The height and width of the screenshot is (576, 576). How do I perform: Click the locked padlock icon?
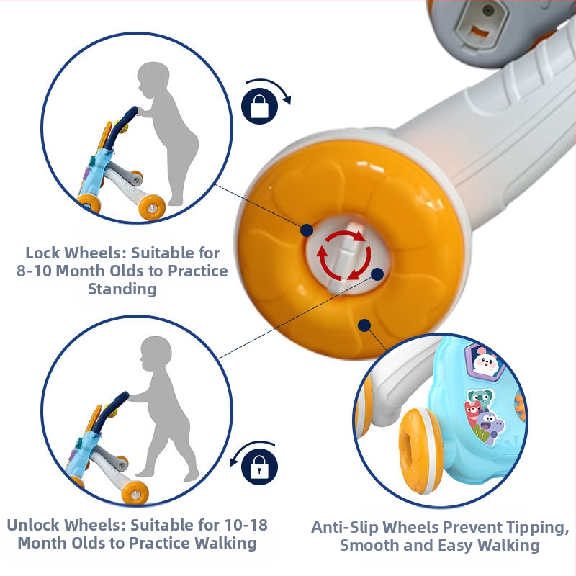tap(259, 106)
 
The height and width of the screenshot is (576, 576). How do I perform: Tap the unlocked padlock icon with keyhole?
tap(259, 467)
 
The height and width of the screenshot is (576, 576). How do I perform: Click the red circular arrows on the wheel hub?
tap(344, 255)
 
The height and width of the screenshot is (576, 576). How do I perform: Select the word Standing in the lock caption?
tap(122, 289)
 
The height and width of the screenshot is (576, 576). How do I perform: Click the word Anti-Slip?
tap(345, 528)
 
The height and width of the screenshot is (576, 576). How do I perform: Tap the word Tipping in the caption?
tap(537, 528)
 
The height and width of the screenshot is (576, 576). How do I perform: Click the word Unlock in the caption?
tap(35, 525)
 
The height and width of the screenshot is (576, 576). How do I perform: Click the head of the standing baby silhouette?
tap(153, 81)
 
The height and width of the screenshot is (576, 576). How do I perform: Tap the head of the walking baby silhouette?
tap(156, 354)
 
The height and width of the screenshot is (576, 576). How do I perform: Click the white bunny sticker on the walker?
tap(485, 362)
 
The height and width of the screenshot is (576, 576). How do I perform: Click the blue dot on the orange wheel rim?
tap(364, 325)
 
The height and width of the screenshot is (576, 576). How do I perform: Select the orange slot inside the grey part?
tap(480, 32)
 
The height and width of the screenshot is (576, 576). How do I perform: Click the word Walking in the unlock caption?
tap(225, 544)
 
